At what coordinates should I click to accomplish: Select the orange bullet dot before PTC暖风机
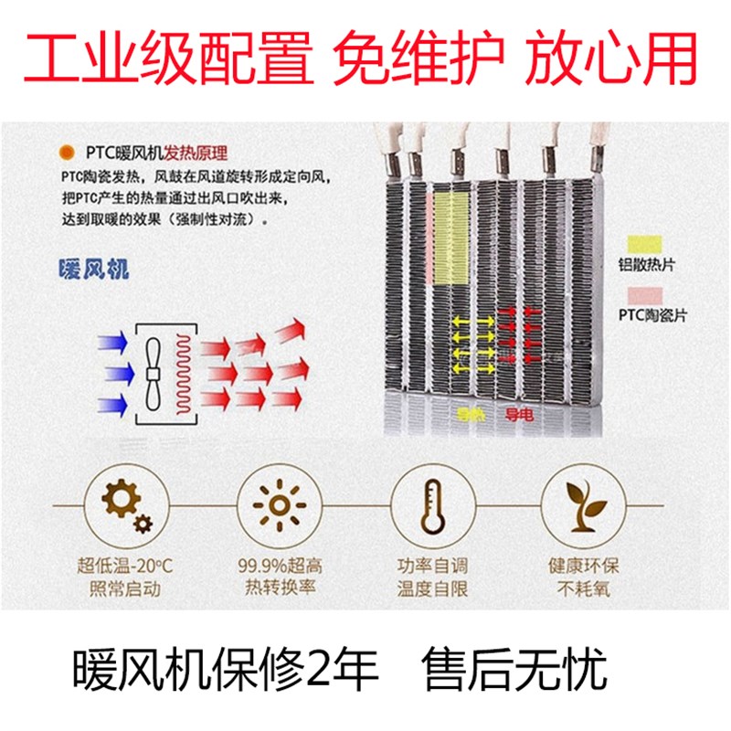coord(66,154)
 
